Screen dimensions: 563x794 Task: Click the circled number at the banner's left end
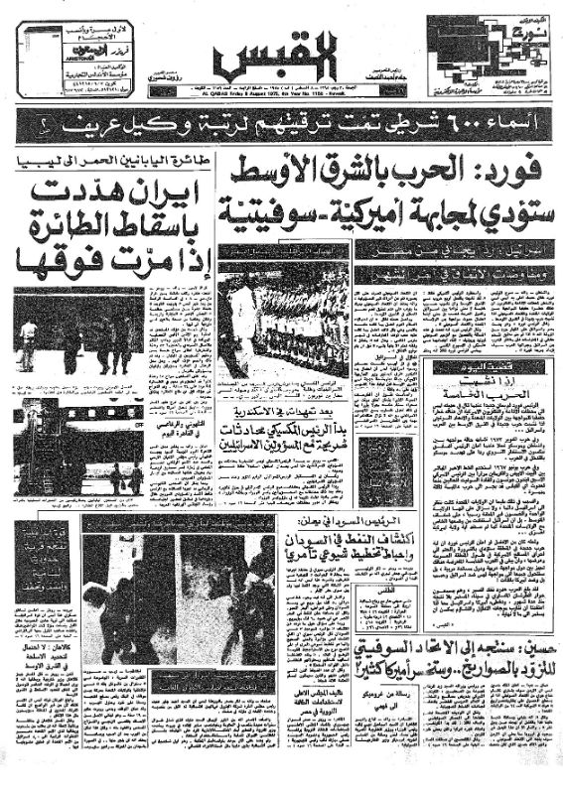coord(40,126)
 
